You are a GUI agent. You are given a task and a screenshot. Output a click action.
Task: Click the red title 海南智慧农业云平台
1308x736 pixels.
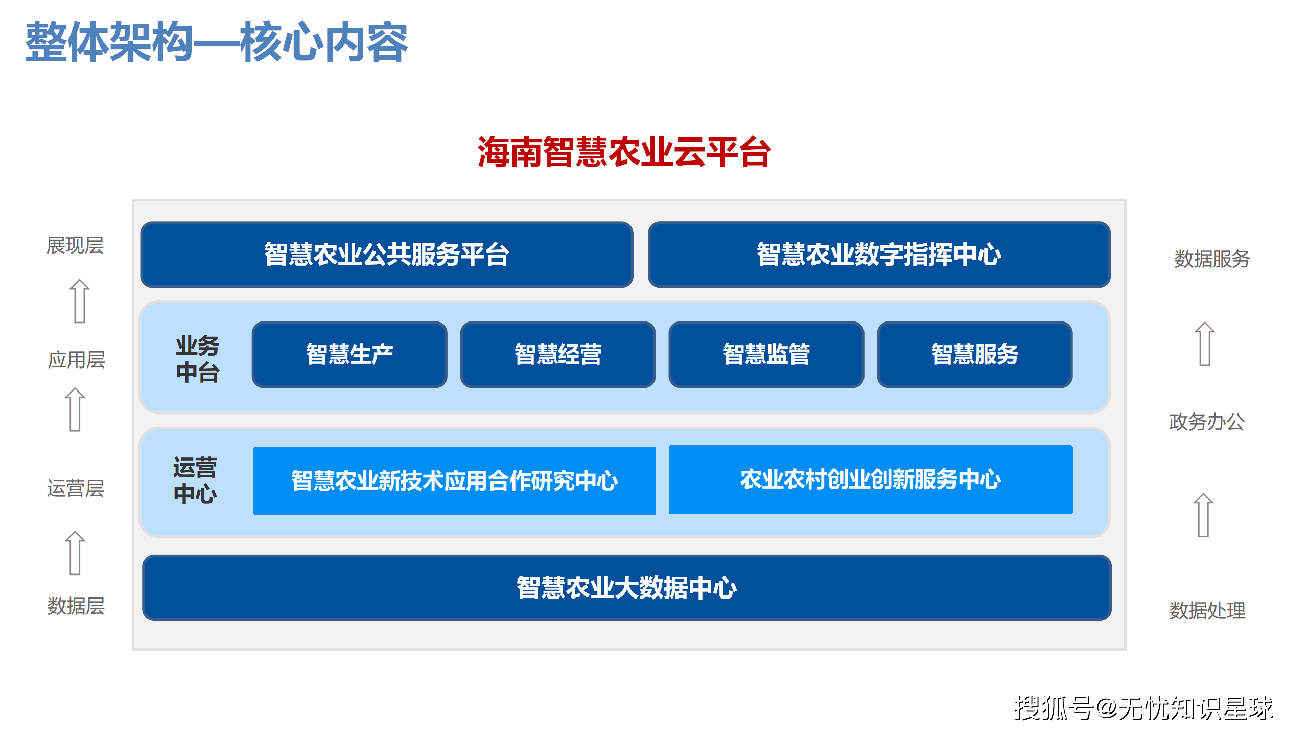coord(624,152)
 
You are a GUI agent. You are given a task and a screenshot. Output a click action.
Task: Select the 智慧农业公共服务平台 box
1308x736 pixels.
coord(387,255)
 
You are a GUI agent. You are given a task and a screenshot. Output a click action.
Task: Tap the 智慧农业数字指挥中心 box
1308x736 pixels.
coord(879,255)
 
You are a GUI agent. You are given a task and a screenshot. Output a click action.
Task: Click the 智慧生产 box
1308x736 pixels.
coord(349,354)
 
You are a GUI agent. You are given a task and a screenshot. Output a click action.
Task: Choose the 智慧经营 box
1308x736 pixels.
coord(558,354)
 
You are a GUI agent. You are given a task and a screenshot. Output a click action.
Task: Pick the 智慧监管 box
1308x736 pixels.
coord(766,354)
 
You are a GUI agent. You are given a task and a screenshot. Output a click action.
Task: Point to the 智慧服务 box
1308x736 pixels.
coord(975,354)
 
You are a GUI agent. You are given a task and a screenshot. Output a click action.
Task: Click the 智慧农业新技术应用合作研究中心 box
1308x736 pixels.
coord(455,480)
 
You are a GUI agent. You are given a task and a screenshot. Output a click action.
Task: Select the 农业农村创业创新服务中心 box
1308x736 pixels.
coord(871,479)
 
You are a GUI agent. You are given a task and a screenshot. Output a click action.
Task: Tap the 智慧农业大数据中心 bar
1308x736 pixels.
coord(627,588)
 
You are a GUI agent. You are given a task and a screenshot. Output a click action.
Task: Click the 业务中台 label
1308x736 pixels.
coord(197,359)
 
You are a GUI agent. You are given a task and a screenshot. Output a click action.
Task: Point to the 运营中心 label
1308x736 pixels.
coord(195,480)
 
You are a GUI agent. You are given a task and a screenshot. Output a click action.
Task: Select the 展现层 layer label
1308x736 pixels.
coord(75,245)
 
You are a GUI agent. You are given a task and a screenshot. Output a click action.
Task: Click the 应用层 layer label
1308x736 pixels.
coord(77,360)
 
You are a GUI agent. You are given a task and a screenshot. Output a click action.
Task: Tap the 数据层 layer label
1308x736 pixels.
coord(76,606)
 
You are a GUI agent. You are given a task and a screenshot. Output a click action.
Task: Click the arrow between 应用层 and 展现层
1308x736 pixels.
coord(80,301)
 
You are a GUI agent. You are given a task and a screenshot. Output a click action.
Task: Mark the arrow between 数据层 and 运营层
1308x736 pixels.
coord(75,553)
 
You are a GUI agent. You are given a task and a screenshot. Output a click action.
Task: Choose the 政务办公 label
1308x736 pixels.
coord(1207,422)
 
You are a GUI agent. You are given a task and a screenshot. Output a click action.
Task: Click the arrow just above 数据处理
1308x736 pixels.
coord(1203,515)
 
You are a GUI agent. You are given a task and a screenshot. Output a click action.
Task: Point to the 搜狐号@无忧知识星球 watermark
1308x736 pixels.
coord(1143,708)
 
